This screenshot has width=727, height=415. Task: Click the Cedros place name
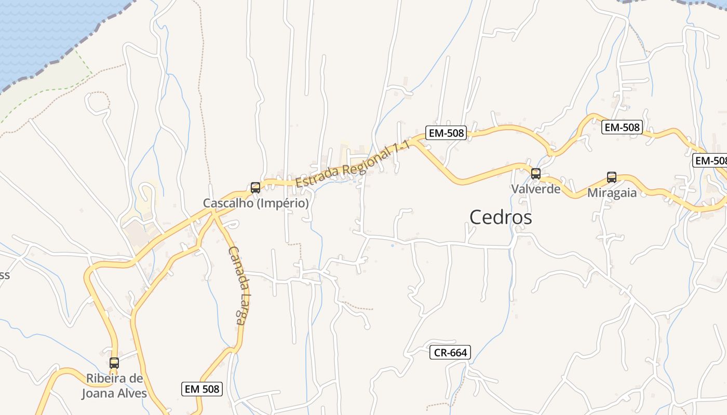pos(501,217)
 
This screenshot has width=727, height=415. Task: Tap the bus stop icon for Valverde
pos(535,174)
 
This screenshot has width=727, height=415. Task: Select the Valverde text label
pos(536,189)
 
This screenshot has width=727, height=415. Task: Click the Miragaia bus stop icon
pos(612,177)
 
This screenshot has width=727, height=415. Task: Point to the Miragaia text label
pos(612,193)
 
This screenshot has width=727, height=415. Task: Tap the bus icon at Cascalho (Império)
pos(255,188)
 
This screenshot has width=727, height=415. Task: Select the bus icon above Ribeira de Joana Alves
pos(114,363)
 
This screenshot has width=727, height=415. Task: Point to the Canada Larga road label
pos(236,285)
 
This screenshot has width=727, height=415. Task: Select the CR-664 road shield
pos(450,353)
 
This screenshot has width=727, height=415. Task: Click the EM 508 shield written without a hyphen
pos(202,389)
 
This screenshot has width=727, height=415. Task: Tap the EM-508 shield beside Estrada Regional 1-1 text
pos(446,133)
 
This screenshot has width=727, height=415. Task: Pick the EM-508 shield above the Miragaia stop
pos(622,127)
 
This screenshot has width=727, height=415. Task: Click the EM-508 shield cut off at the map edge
pos(710,161)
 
